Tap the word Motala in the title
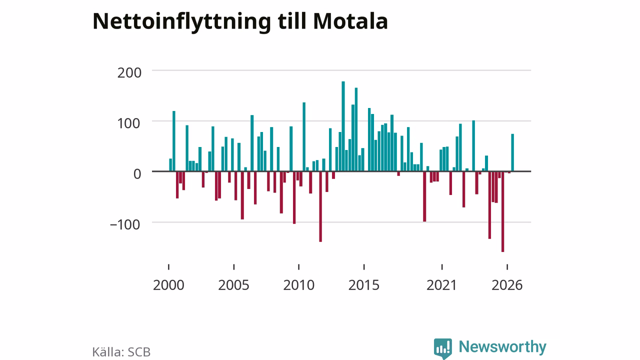tap(350, 21)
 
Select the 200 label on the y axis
tap(129, 73)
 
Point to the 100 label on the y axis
tap(129, 123)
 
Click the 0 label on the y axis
tap(137, 174)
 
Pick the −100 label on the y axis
tap(125, 225)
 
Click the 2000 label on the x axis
tap(168, 285)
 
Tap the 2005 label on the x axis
tap(233, 285)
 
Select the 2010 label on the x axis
tap(299, 285)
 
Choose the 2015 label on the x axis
tap(364, 285)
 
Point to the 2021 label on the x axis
tap(442, 285)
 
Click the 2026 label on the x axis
tap(507, 285)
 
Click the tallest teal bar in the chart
tap(343, 126)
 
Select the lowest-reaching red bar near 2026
tap(503, 211)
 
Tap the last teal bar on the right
tap(512, 152)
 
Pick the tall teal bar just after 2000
tap(173, 141)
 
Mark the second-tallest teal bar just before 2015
tap(356, 129)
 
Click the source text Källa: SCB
tap(121, 352)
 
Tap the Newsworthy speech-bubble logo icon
tap(443, 348)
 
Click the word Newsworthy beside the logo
tap(502, 347)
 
